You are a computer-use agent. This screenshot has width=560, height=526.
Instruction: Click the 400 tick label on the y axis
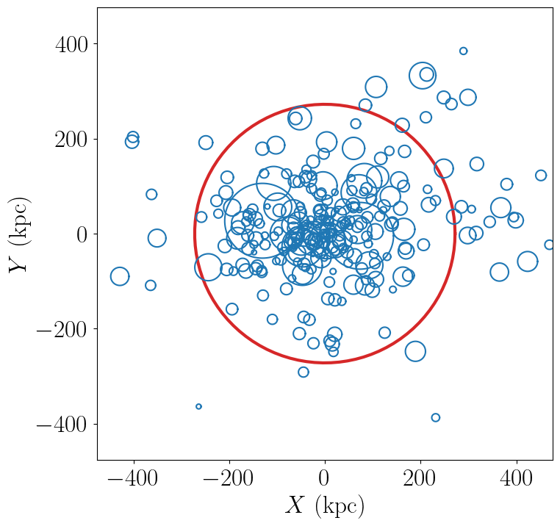click(71, 45)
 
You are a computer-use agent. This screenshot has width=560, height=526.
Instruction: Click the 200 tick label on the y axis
click(71, 140)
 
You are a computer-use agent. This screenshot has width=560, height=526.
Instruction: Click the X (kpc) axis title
click(325, 506)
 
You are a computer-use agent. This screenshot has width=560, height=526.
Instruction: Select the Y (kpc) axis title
click(20, 234)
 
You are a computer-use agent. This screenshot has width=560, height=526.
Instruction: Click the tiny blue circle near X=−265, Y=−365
click(198, 406)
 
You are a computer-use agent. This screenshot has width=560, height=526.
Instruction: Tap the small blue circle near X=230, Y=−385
click(435, 417)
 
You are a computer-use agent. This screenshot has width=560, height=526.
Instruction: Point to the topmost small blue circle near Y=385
click(463, 51)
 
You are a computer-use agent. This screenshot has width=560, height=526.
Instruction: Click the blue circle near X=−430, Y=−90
click(120, 276)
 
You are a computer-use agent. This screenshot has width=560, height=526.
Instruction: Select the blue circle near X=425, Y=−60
click(528, 262)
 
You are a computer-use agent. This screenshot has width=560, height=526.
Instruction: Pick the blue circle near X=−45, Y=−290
click(304, 372)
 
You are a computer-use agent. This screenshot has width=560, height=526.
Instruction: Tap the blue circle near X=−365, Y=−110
click(151, 285)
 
